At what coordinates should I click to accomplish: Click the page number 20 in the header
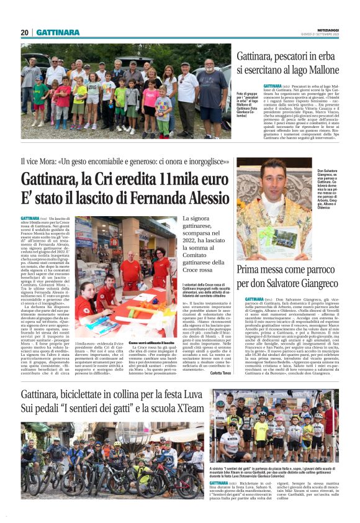click(x=25, y=32)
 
